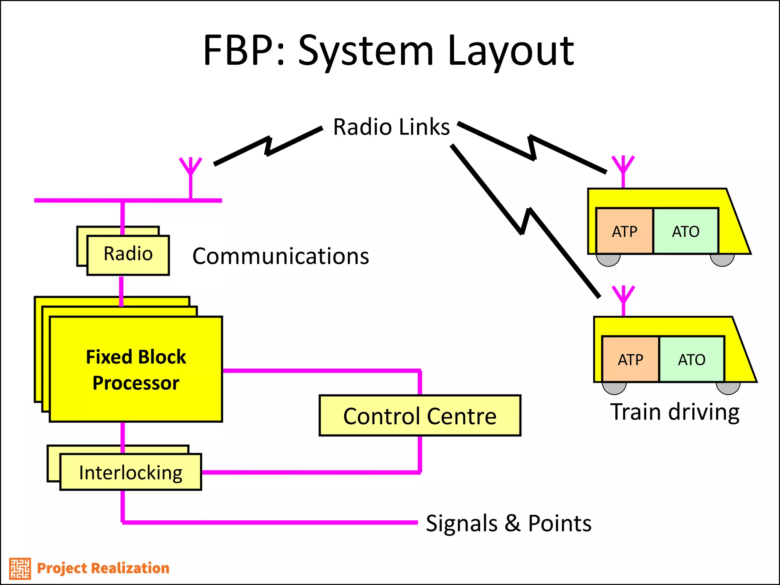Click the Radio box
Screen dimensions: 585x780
(128, 255)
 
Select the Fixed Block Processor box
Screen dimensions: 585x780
(136, 369)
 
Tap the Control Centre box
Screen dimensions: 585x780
(420, 416)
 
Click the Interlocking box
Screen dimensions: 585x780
(131, 472)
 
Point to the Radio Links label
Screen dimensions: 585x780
(391, 127)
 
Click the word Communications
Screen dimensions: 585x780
(281, 256)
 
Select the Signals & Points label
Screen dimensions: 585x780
(508, 523)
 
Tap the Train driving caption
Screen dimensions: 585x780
(675, 412)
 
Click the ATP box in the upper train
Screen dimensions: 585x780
(624, 231)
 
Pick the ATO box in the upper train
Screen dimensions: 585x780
(686, 231)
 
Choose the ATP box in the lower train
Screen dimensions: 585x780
(630, 360)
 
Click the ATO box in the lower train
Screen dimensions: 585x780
(692, 360)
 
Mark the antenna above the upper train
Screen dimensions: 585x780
(623, 168)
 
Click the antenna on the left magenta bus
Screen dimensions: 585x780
(190, 171)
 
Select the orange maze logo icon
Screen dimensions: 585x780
(20, 568)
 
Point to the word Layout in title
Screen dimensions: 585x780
(510, 51)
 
